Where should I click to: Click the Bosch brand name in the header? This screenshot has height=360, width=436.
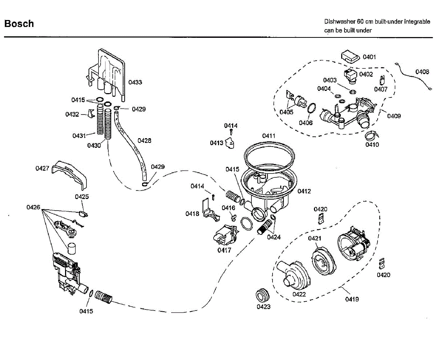click(x=19, y=24)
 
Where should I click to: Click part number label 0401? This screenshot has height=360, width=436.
click(x=369, y=57)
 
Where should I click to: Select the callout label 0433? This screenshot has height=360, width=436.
click(x=135, y=82)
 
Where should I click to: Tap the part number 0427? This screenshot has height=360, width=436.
click(x=43, y=168)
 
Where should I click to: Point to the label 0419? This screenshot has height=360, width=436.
click(x=352, y=299)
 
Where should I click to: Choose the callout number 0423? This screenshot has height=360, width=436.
click(x=263, y=307)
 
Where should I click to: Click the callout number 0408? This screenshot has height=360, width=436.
click(x=422, y=72)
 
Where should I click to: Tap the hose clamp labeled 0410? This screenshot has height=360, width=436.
click(x=371, y=136)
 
